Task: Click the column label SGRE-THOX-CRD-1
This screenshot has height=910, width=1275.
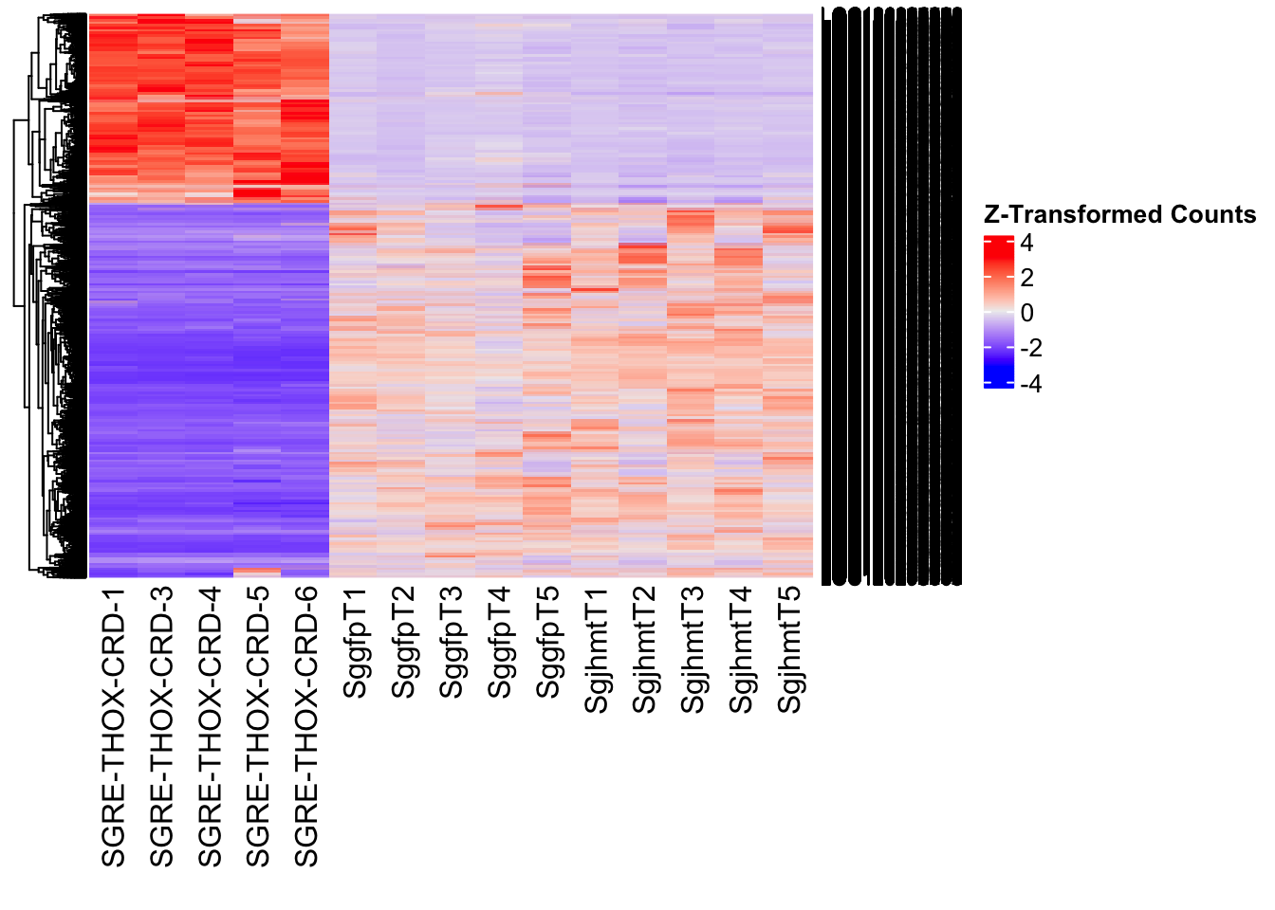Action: [x=113, y=727]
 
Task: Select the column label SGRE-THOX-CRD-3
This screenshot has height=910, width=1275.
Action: [x=161, y=727]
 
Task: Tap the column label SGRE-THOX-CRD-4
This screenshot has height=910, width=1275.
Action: [x=210, y=727]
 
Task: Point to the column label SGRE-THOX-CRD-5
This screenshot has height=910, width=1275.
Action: [x=258, y=727]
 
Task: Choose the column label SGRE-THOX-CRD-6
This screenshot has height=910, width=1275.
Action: [x=306, y=727]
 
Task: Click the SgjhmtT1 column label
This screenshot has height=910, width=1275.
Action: [x=597, y=650]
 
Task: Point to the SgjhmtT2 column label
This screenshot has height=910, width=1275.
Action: [x=645, y=650]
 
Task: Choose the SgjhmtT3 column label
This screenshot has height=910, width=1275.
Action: [x=693, y=650]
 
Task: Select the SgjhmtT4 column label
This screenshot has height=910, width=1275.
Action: [x=742, y=650]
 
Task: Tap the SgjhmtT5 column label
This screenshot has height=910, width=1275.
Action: [x=790, y=650]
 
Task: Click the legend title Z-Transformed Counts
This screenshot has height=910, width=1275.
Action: [x=1119, y=215]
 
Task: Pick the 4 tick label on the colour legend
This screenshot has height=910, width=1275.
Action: [x=1026, y=244]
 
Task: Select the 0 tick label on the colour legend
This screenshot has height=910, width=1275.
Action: [x=1026, y=314]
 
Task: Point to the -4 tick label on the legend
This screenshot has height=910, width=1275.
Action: [x=1030, y=384]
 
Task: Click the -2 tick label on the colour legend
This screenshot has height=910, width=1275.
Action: [x=1030, y=349]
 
